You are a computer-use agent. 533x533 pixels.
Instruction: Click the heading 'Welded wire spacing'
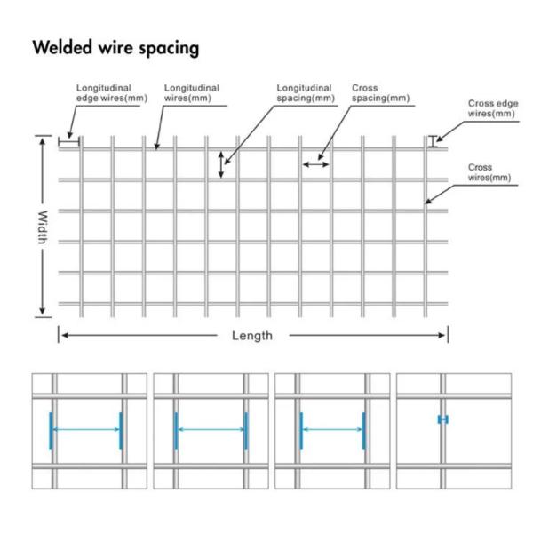pyautogui.click(x=115, y=48)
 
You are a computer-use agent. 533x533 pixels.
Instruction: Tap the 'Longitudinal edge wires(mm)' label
pyautogui.click(x=110, y=93)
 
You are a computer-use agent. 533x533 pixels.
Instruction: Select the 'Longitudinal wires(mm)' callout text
pyautogui.click(x=192, y=93)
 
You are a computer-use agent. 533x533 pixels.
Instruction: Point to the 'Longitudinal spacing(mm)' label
pyautogui.click(x=305, y=93)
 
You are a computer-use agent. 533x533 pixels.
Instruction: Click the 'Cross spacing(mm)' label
pyautogui.click(x=380, y=93)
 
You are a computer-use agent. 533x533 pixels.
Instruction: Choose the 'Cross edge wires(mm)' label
pyautogui.click(x=492, y=108)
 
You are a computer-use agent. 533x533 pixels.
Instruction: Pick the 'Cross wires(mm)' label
pyautogui.click(x=489, y=172)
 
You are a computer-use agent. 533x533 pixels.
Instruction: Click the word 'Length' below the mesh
pyautogui.click(x=252, y=336)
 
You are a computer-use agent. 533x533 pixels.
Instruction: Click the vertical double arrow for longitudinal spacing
pyautogui.click(x=221, y=164)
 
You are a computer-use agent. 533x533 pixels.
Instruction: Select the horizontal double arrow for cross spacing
pyautogui.click(x=314, y=163)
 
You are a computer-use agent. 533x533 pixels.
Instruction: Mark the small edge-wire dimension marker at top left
pyautogui.click(x=69, y=140)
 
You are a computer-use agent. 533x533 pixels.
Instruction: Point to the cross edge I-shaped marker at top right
pyautogui.click(x=433, y=140)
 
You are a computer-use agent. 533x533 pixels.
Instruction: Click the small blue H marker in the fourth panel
pyautogui.click(x=442, y=419)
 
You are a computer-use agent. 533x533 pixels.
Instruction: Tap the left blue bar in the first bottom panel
pyautogui.click(x=52, y=430)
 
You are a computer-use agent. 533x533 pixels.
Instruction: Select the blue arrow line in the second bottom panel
pyautogui.click(x=211, y=431)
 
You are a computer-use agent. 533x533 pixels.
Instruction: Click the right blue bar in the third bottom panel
pyautogui.click(x=363, y=431)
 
